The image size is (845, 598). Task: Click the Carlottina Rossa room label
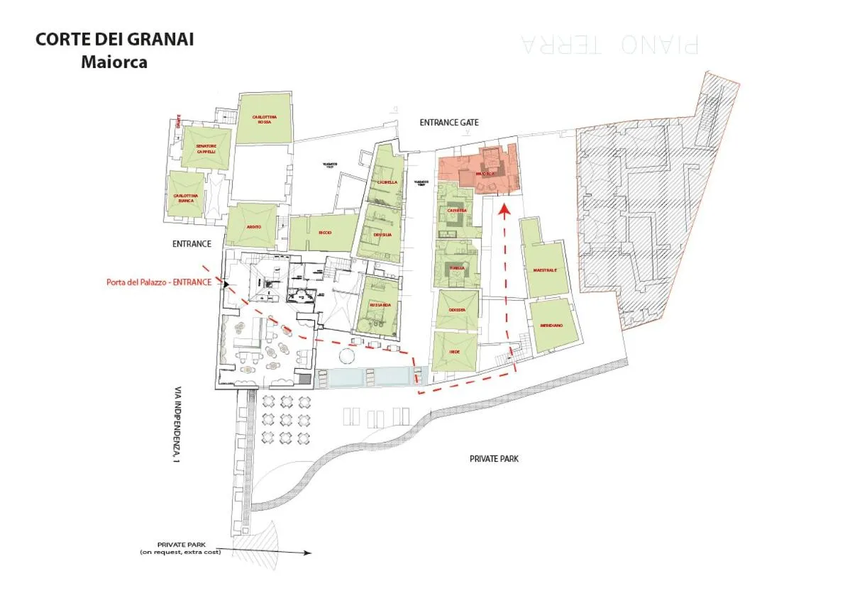(264, 119)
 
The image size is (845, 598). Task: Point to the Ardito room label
(254, 227)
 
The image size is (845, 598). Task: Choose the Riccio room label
(325, 233)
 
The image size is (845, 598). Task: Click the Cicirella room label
(387, 182)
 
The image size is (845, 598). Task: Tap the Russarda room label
(380, 305)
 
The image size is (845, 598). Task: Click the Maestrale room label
(545, 270)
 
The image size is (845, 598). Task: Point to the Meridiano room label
(551, 325)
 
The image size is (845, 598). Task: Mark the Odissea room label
(457, 310)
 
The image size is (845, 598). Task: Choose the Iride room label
(455, 352)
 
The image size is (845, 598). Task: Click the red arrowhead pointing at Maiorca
(504, 209)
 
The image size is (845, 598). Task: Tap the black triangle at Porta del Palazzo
(226, 284)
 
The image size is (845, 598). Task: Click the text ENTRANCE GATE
(449, 123)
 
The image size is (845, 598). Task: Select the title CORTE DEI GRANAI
(114, 40)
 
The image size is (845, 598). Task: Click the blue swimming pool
(363, 377)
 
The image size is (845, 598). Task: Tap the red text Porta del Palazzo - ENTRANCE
(164, 282)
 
